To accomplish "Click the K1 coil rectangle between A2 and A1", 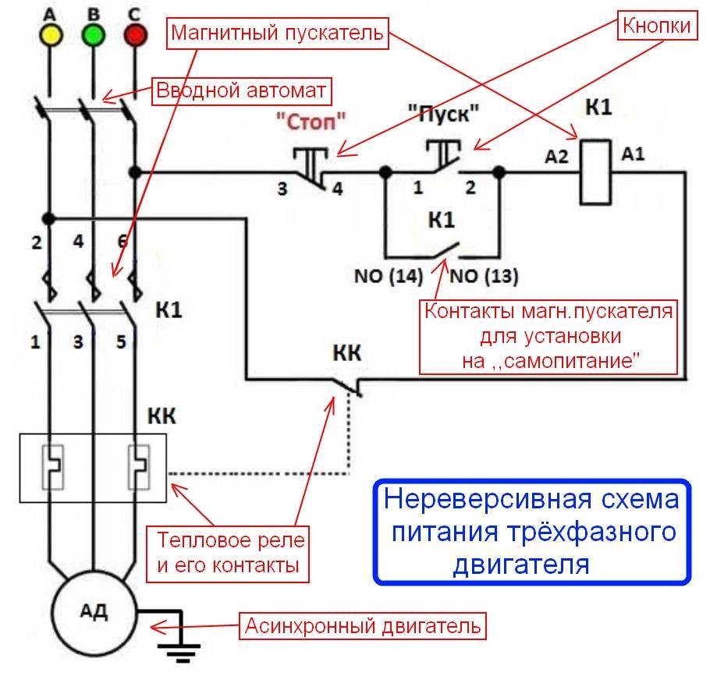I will point(596,172).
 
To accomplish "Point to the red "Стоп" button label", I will point(310,119).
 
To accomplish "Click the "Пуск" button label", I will point(443,114).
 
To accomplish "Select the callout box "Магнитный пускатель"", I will point(277,33).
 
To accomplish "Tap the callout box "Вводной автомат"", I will point(241,91).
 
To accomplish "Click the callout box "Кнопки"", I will point(656,25).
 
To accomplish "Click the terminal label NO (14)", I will point(388,276).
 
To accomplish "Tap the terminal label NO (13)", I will point(484,276).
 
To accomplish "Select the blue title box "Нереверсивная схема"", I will point(531,530).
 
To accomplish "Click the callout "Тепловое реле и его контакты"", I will point(231,552).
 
